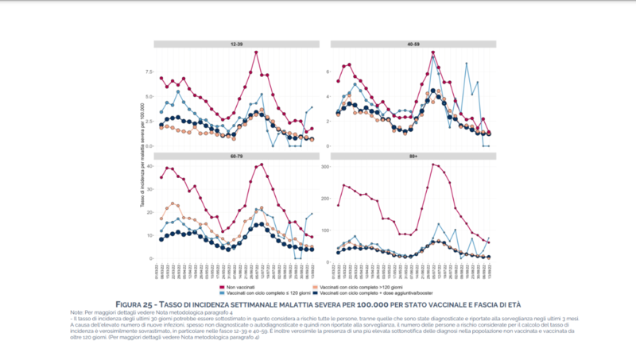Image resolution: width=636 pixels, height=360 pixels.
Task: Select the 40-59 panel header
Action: tap(413, 45)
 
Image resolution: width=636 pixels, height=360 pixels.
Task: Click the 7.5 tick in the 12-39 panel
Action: tap(149, 72)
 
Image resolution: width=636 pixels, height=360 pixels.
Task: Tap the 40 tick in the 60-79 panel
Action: tap(150, 166)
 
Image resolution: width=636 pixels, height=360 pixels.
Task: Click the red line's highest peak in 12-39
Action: tap(257, 52)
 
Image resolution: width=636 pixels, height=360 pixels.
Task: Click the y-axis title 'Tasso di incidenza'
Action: tap(142, 156)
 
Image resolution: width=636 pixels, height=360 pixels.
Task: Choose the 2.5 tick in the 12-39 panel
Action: tap(149, 122)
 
